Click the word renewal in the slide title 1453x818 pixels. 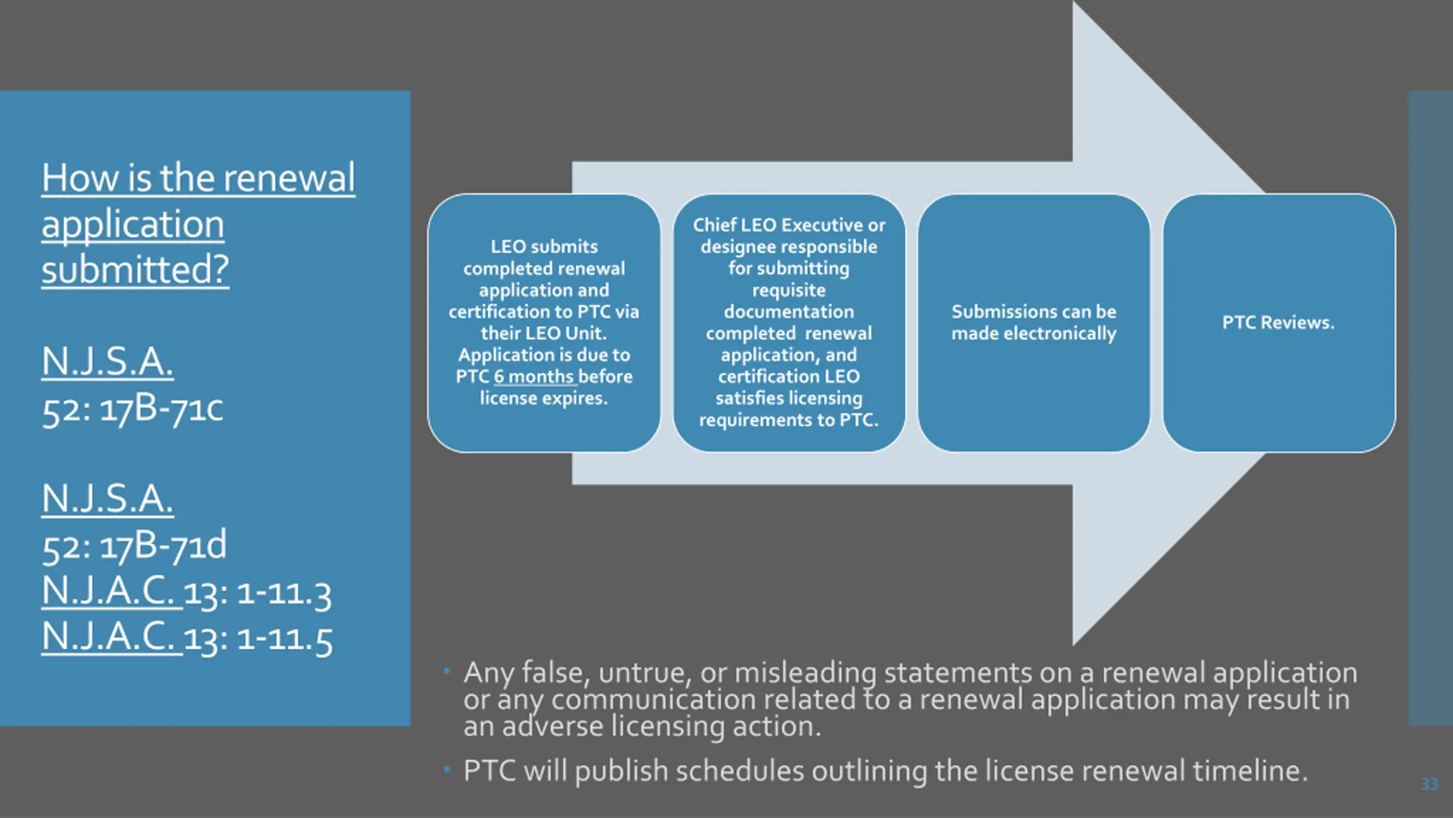tap(289, 178)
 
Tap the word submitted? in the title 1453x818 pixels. tap(135, 269)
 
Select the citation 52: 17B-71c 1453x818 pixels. tap(133, 408)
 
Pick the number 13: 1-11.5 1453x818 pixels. tap(258, 640)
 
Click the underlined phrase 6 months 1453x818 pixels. tap(534, 377)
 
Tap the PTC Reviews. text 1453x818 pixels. tap(1278, 323)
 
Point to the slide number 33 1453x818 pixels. tap(1430, 784)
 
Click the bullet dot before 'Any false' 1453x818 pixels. tap(447, 671)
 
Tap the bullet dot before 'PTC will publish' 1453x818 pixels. tap(447, 770)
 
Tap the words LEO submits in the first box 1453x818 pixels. tap(544, 247)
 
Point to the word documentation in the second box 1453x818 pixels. tap(789, 312)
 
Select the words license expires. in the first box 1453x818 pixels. tap(544, 398)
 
